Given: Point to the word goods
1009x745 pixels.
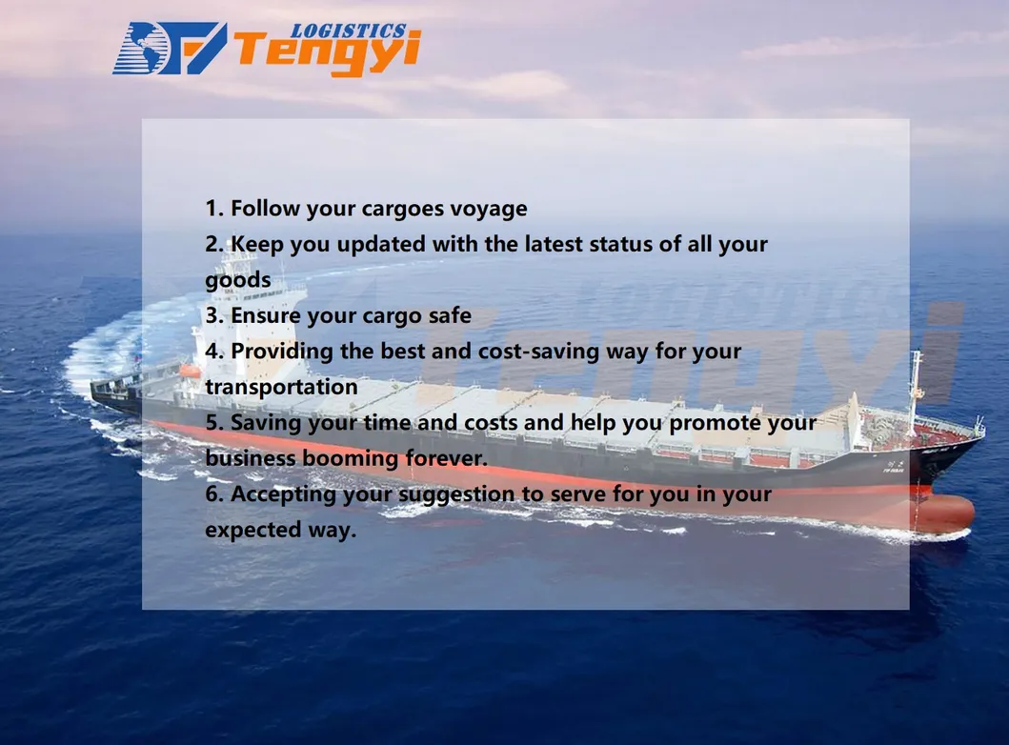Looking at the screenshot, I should (x=237, y=280).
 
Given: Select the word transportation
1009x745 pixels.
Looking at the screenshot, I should (x=281, y=387).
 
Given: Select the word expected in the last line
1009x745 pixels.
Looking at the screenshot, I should (x=248, y=530).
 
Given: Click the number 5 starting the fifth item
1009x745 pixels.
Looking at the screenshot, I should (x=212, y=422).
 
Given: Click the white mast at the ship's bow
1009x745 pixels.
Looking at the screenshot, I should (x=916, y=381).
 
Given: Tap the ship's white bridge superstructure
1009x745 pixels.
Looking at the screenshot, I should (x=238, y=314).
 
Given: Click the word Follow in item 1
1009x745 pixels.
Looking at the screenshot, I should (x=266, y=209).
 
